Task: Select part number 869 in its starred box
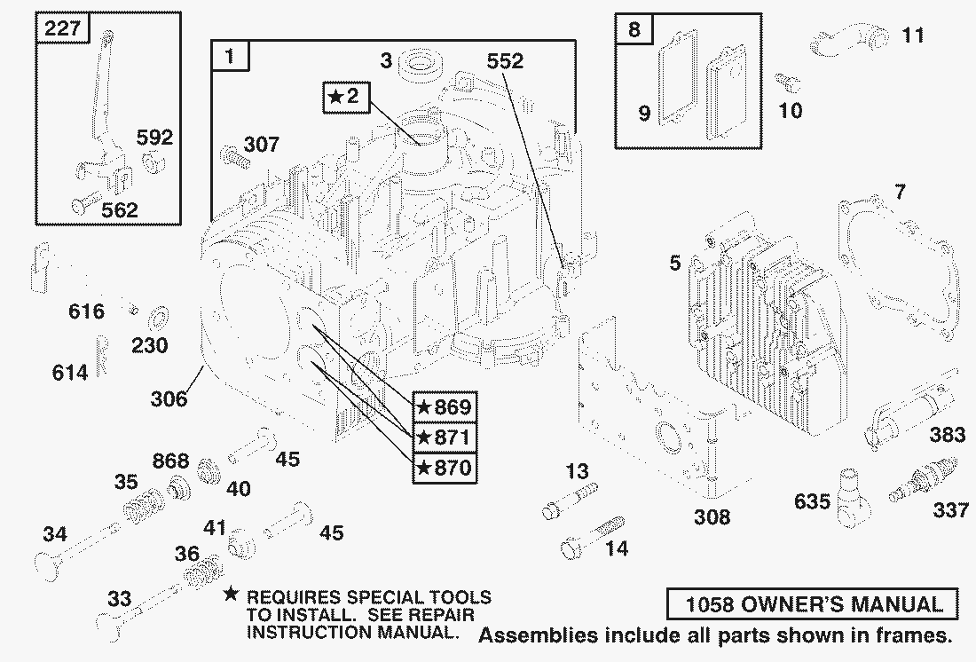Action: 444,406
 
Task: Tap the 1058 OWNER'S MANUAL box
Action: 813,605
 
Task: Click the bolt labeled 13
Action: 568,500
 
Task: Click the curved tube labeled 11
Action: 848,40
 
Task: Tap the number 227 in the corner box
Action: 62,28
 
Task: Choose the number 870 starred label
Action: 444,467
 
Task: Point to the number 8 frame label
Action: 633,29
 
